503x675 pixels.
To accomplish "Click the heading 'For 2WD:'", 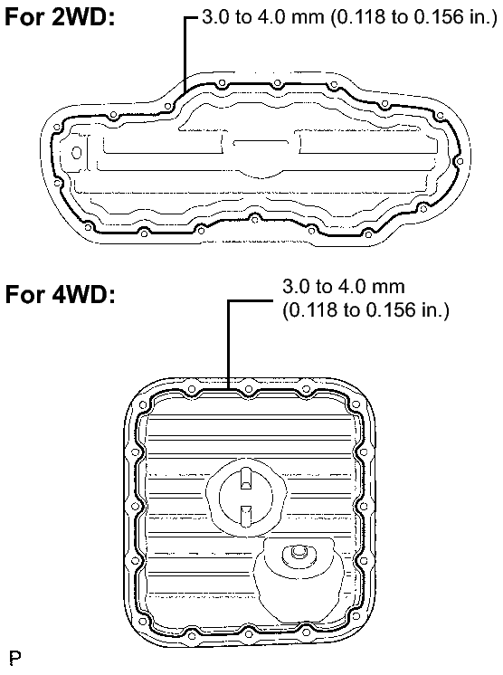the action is tap(60, 17).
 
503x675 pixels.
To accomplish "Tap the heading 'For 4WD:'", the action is tap(60, 294).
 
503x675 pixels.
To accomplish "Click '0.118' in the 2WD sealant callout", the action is tap(356, 17).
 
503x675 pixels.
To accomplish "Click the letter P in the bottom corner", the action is tap(15, 658).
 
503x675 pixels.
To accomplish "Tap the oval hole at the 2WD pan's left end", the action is tap(77, 153).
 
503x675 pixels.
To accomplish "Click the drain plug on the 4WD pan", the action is tap(296, 554).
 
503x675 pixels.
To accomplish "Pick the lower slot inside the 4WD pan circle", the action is tap(246, 514).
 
